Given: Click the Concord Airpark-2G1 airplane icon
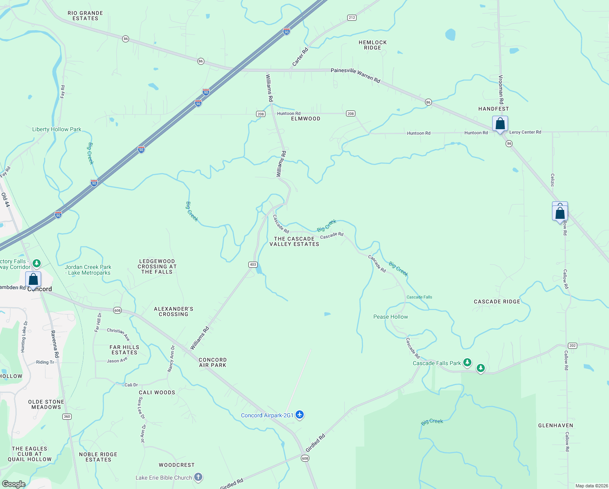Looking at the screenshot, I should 300,415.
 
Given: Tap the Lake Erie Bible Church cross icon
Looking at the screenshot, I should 198,477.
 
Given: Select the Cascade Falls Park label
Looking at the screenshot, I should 437,363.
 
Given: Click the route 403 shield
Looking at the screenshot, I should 253,264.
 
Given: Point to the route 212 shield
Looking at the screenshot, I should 352,18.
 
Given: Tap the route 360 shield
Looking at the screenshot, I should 67,416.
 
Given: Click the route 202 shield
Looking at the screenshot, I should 572,346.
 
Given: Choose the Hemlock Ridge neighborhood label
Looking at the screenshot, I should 372,45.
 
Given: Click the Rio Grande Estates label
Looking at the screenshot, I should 85,15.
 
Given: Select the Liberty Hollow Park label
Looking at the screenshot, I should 57,129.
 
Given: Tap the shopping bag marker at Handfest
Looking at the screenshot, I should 500,123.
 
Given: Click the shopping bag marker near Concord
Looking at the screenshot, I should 33,280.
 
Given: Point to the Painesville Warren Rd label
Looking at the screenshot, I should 355,75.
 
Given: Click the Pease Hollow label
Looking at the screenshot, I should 390,317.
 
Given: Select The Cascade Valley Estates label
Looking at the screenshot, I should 294,241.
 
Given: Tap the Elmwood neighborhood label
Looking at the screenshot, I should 305,119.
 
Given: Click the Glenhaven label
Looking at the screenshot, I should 555,425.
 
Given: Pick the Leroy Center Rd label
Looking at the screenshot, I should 525,132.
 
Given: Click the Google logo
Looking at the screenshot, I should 13,484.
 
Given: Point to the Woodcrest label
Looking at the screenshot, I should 177,465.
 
